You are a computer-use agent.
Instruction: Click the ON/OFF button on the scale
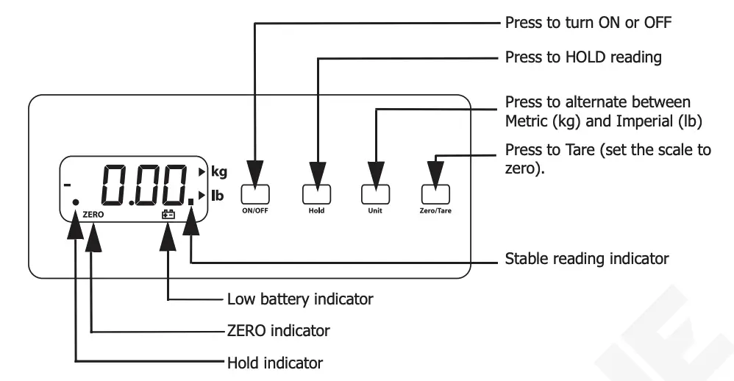pyautogui.click(x=255, y=193)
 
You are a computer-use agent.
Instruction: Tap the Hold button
pyautogui.click(x=316, y=193)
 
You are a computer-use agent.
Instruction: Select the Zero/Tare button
pyautogui.click(x=435, y=193)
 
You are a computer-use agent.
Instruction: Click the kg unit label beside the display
pyautogui.click(x=219, y=172)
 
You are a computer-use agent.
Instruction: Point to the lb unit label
pyautogui.click(x=218, y=196)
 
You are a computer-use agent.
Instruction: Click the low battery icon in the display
pyautogui.click(x=168, y=215)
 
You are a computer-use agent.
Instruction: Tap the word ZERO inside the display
pyautogui.click(x=93, y=216)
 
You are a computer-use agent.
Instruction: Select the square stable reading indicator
pyautogui.click(x=190, y=199)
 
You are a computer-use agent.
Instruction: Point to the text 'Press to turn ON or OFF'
pyautogui.click(x=589, y=23)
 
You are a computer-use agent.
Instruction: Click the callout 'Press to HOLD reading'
pyautogui.click(x=583, y=57)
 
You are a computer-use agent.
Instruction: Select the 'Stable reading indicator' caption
pyautogui.click(x=587, y=260)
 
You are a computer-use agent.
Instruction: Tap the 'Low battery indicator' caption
pyautogui.click(x=300, y=299)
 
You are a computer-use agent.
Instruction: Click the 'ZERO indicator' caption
pyautogui.click(x=278, y=331)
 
